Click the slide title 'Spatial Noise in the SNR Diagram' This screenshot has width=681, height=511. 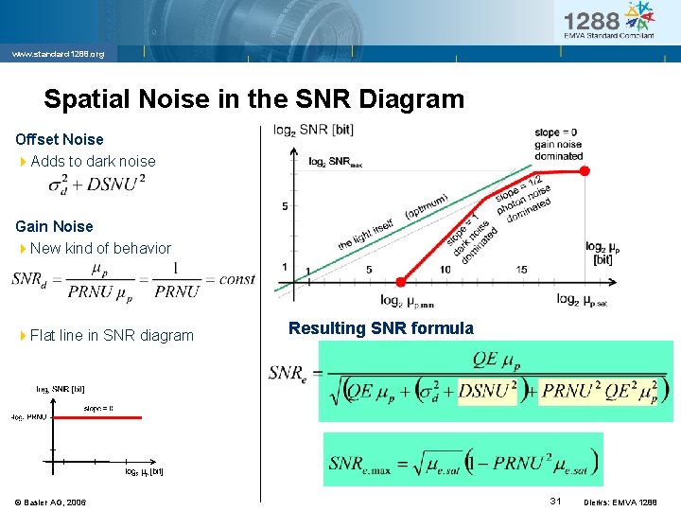click(253, 99)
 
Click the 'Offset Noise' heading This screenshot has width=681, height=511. click(60, 139)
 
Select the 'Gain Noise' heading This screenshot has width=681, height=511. click(54, 226)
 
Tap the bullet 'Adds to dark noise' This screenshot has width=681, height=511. click(93, 161)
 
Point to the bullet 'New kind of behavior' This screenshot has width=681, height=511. click(100, 248)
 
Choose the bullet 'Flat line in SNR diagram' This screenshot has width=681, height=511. click(112, 335)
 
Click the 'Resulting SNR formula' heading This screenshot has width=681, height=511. click(381, 328)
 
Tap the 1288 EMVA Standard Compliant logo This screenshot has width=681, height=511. click(608, 21)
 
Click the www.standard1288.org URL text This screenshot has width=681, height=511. click(58, 54)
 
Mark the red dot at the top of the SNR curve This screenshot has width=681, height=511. click(585, 170)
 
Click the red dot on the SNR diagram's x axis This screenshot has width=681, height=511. click(401, 281)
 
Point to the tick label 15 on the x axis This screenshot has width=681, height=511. click(521, 270)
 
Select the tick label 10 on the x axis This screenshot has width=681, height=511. click(445, 270)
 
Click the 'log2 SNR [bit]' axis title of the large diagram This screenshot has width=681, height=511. click(314, 130)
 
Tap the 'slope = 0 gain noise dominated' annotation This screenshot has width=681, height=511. click(558, 144)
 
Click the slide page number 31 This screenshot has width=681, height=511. click(556, 501)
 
